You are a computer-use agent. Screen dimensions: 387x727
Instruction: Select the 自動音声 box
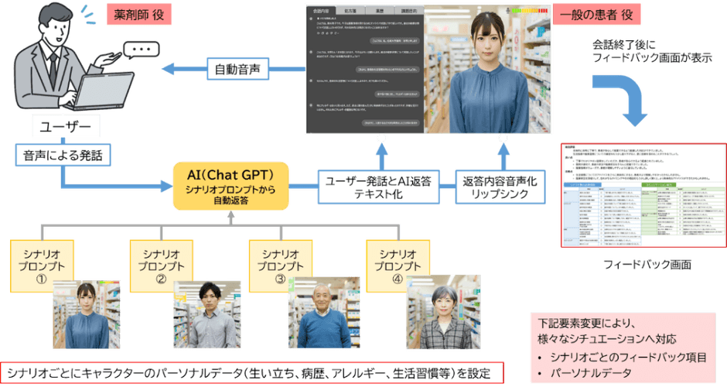(238, 70)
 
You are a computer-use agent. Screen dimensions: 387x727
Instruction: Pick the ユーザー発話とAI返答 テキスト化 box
(379, 186)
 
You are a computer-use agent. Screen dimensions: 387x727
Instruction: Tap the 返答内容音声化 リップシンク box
(496, 186)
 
